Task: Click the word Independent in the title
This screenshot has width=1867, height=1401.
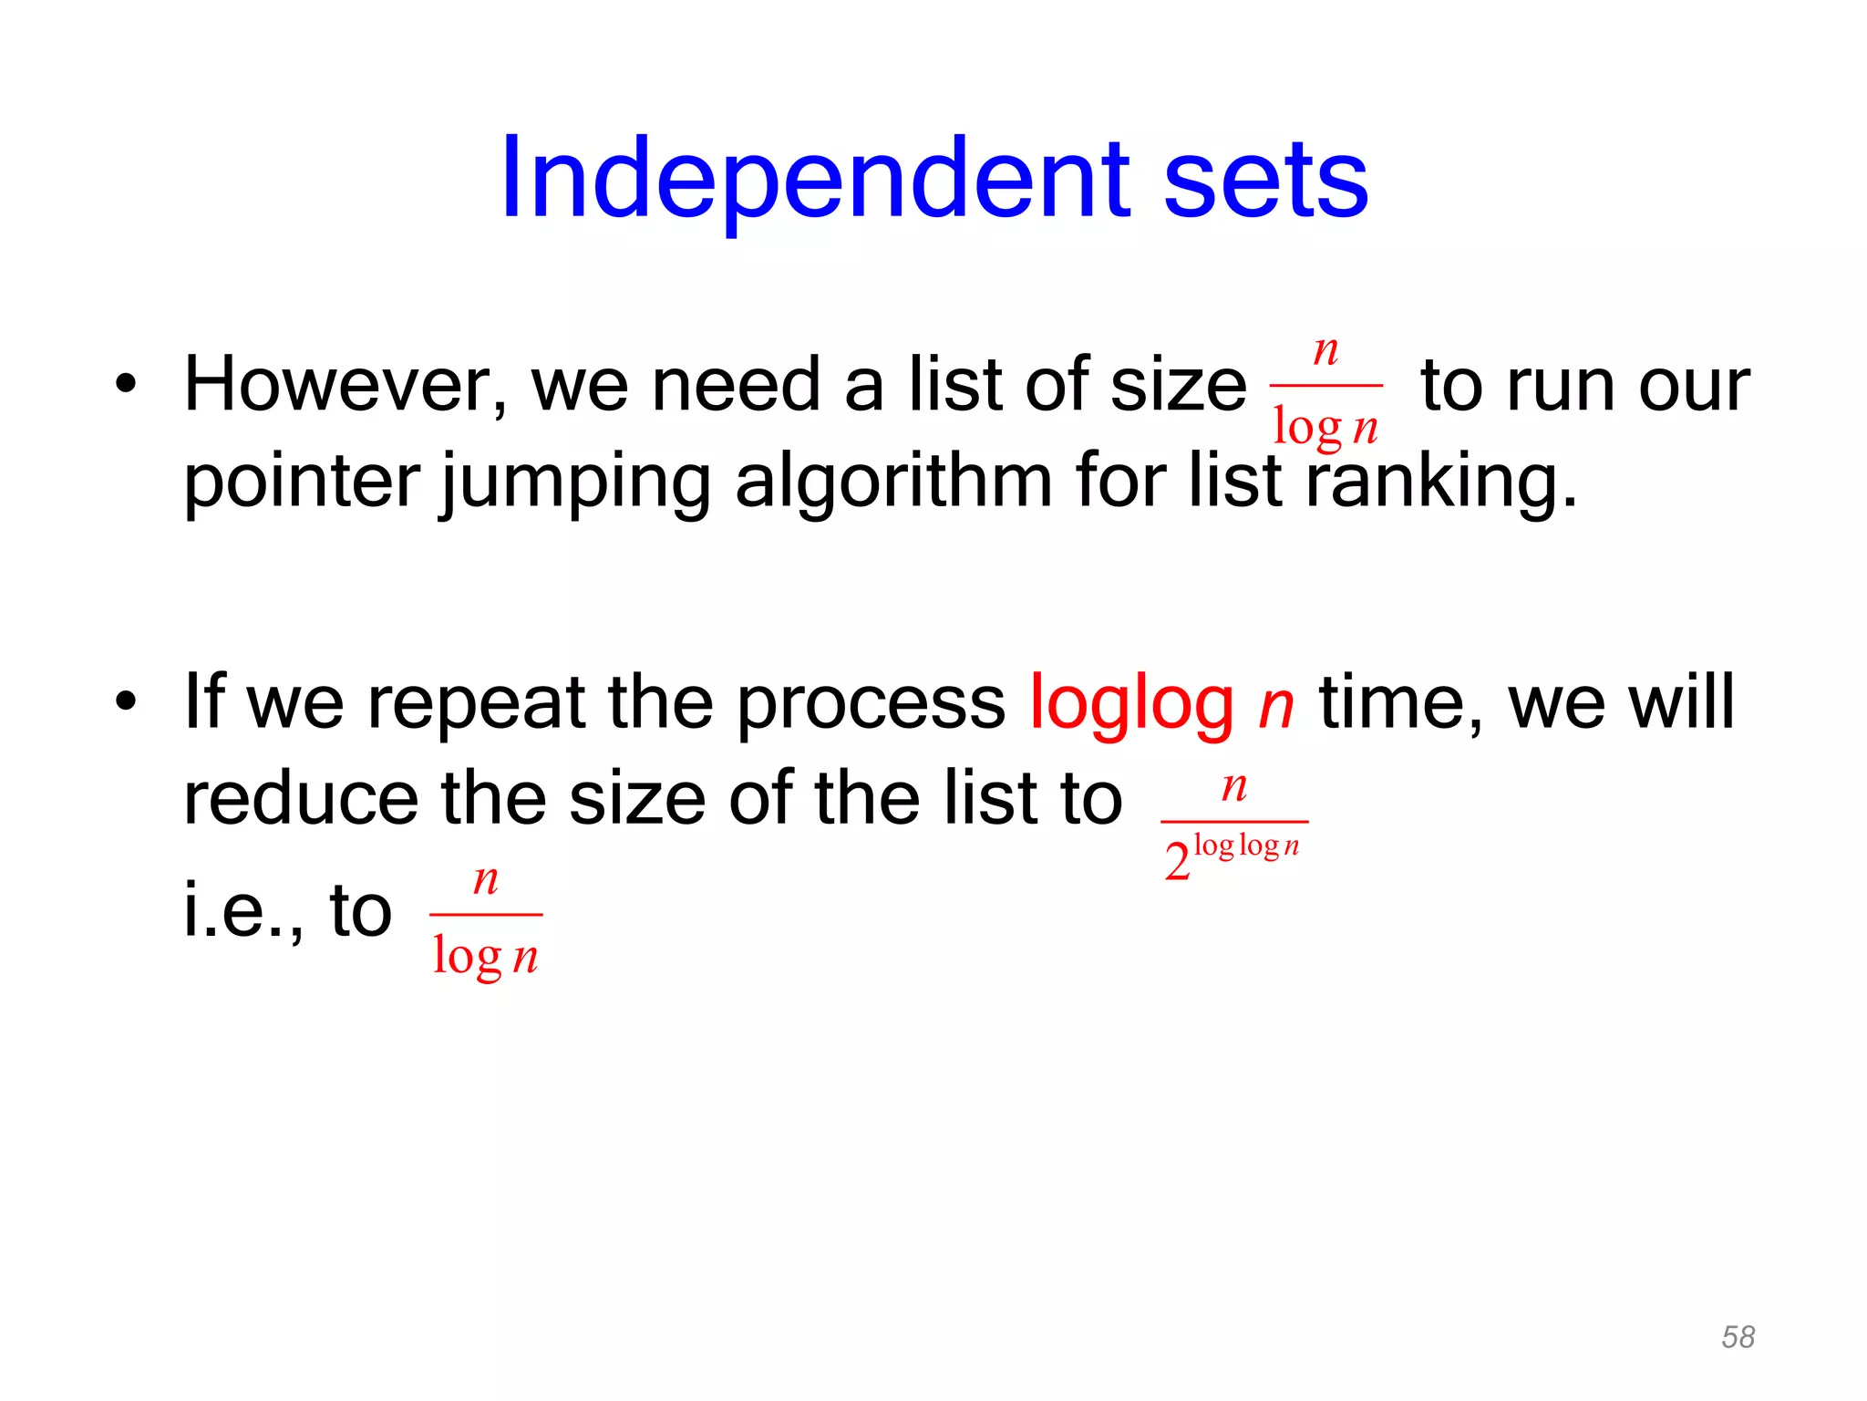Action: pyautogui.click(x=816, y=179)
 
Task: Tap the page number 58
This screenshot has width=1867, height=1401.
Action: pyautogui.click(x=1738, y=1337)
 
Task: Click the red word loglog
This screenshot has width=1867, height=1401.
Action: pyautogui.click(x=1130, y=704)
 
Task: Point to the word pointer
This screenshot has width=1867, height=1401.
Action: pyautogui.click(x=302, y=482)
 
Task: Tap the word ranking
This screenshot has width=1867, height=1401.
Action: pyautogui.click(x=1440, y=482)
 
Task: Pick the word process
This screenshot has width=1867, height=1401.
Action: pyautogui.click(x=871, y=704)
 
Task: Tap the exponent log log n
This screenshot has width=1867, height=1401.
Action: pyautogui.click(x=1245, y=846)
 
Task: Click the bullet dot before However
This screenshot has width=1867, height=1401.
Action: pyautogui.click(x=126, y=385)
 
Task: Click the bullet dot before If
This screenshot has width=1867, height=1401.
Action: pyautogui.click(x=126, y=702)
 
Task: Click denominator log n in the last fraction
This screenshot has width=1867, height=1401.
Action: pyautogui.click(x=485, y=957)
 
